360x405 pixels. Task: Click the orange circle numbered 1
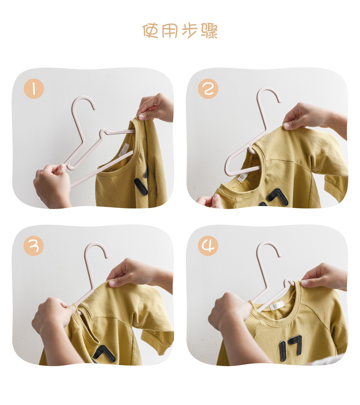[34, 88]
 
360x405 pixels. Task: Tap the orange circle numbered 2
[208, 88]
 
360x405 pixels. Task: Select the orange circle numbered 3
[34, 246]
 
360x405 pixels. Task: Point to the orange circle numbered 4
[208, 246]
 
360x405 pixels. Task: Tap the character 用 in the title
[170, 31]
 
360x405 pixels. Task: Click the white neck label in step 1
[124, 150]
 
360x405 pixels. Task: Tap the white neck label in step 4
[277, 306]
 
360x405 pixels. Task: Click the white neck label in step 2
[243, 177]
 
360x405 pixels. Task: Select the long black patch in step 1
[141, 186]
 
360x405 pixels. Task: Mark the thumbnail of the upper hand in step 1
[141, 117]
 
